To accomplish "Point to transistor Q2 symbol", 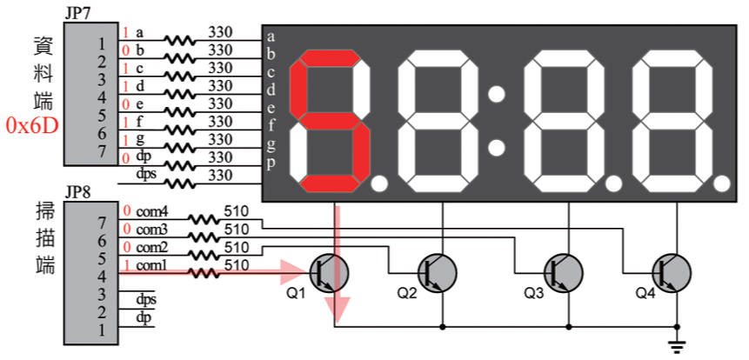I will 438,272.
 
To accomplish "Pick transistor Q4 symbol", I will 673,272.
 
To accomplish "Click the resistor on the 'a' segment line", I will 180,40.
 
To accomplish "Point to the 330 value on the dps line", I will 219,175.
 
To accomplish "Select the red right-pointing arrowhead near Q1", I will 291,272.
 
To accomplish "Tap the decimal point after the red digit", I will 379,183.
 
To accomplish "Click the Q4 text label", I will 644,293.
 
